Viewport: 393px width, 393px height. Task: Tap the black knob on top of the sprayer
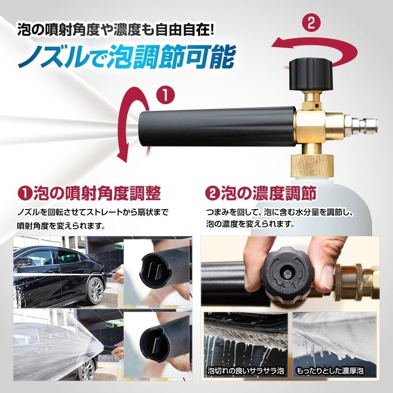tap(311, 74)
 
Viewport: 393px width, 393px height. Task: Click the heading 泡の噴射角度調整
tap(90, 194)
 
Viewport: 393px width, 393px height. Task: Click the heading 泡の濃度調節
tap(261, 194)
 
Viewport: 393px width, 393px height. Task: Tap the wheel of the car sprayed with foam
tap(87, 369)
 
